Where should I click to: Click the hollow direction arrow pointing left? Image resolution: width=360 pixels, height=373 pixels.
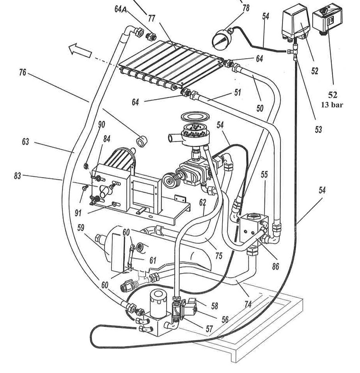coord(80,50)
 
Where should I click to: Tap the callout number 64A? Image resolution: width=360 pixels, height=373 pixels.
coord(122,10)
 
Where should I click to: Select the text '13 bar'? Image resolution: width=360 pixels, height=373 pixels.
coord(332,105)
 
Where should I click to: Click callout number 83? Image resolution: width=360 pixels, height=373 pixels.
coord(17,176)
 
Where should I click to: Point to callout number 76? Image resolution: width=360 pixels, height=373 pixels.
coord(23,72)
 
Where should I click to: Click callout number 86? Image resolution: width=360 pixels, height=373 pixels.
coord(275,266)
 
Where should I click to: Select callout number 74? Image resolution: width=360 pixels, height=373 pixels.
coord(248,304)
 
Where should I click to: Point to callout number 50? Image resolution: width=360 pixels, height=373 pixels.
coord(260,108)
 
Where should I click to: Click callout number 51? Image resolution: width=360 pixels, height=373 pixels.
coord(238,93)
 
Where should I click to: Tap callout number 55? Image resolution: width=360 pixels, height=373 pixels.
coord(264,174)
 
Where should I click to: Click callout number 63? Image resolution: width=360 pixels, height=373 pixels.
coord(25,142)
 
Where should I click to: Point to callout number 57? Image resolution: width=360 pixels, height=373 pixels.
coord(209,329)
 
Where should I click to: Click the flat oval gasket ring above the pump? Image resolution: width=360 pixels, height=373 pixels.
coord(195,117)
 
